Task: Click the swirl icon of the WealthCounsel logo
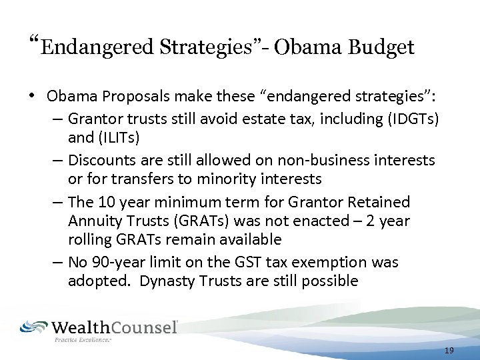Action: [34, 327]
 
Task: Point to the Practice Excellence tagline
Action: [82, 340]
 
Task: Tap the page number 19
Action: [448, 350]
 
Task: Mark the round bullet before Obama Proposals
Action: [32, 97]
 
